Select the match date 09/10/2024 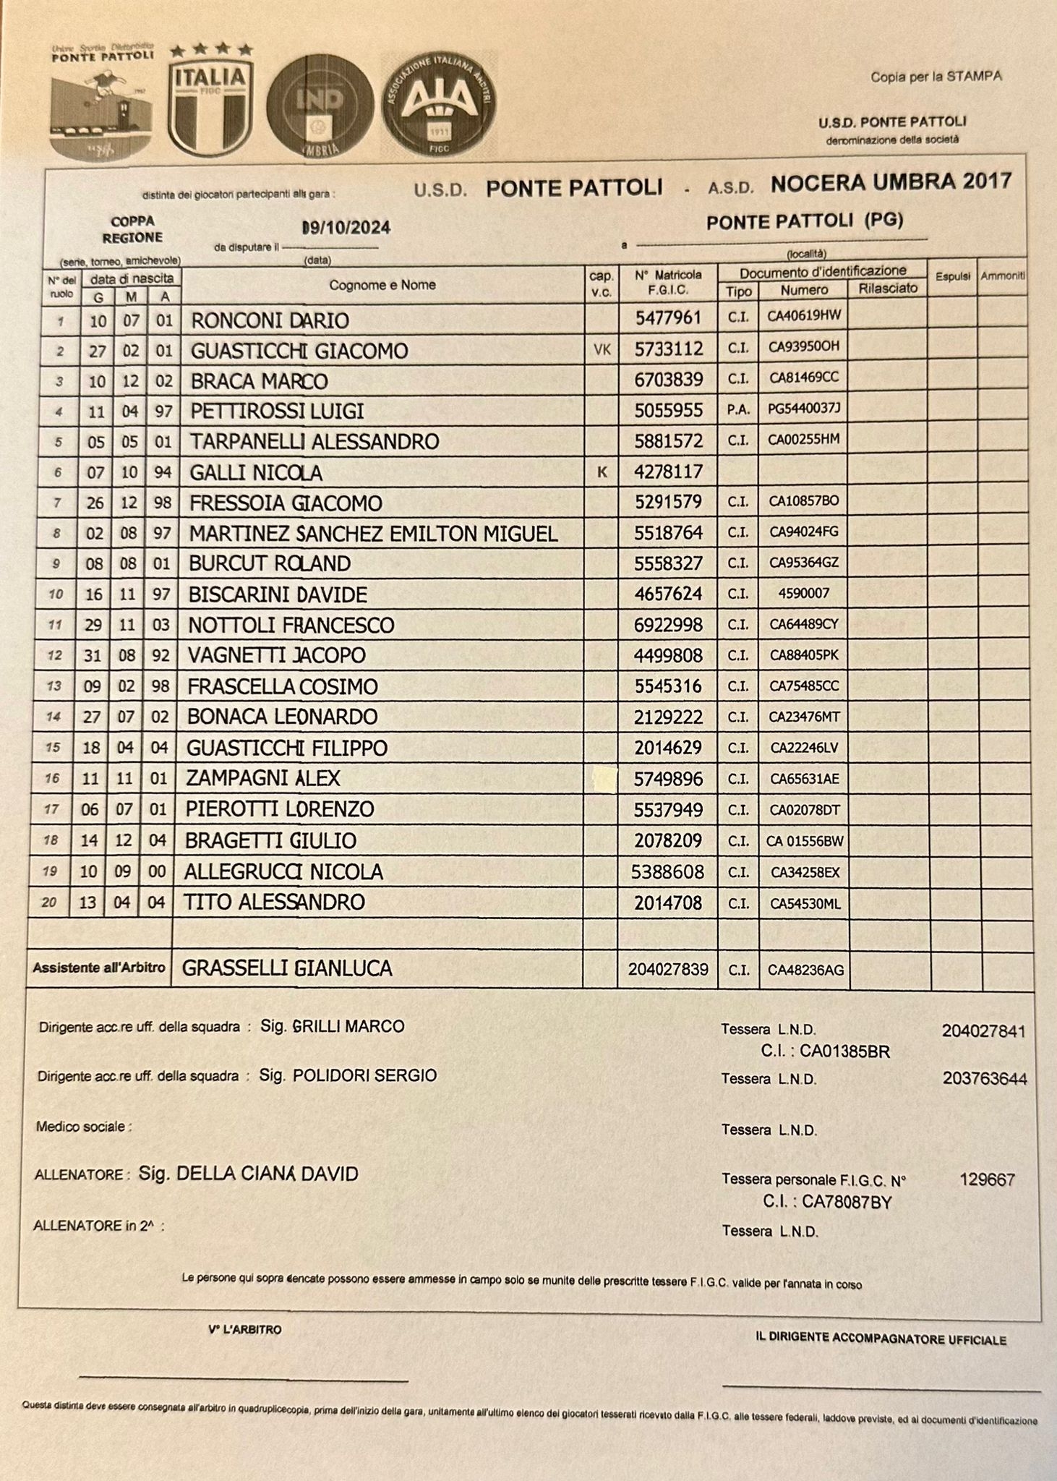coord(346,227)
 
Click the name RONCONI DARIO coord(269,320)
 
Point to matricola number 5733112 coord(668,349)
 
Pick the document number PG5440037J coord(805,409)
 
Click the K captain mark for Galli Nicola coord(601,472)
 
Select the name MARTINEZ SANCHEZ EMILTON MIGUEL coord(373,534)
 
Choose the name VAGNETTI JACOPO coord(276,655)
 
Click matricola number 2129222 coord(668,717)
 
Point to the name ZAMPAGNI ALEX coord(262,778)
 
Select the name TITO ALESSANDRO coord(274,902)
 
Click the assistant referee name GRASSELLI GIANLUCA coord(287,968)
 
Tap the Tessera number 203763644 coord(984,1078)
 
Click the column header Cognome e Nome coord(382,285)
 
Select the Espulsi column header coord(952,276)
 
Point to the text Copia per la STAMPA coord(936,77)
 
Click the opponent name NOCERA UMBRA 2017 coord(891,182)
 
